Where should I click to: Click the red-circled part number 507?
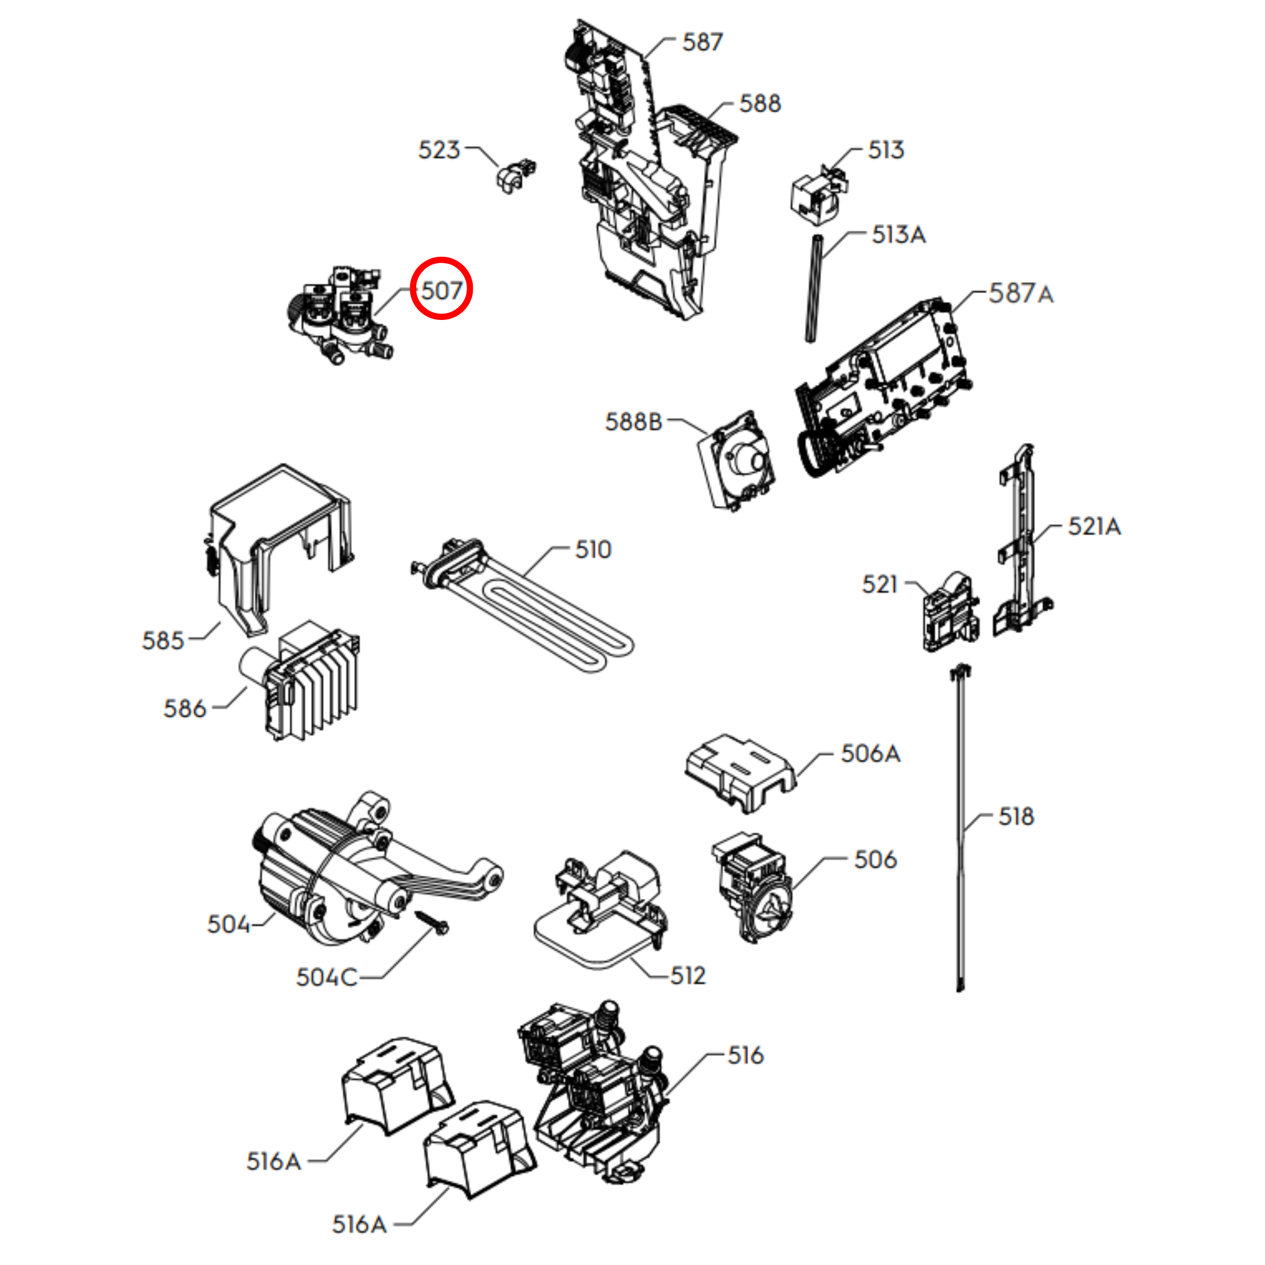click(x=441, y=290)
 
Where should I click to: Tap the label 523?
click(x=439, y=150)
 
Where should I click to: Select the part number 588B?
click(x=634, y=422)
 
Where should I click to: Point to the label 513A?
click(x=898, y=234)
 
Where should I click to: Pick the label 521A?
click(x=1094, y=526)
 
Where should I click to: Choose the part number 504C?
click(x=327, y=978)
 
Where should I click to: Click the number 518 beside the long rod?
click(x=1016, y=816)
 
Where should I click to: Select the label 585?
click(x=163, y=640)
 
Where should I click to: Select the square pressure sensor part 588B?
click(x=736, y=461)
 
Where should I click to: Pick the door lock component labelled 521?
click(x=951, y=612)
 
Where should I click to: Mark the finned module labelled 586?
click(x=300, y=681)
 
